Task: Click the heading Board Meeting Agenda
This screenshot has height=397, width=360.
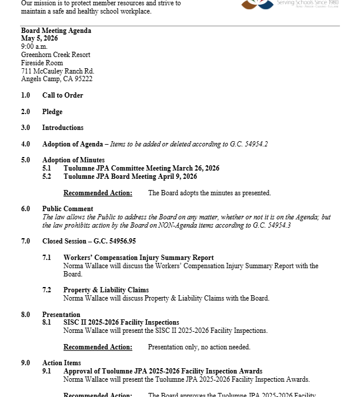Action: click(x=56, y=31)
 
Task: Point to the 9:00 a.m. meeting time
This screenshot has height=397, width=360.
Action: click(x=34, y=46)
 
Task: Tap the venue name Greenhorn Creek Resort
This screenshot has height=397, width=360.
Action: click(x=56, y=55)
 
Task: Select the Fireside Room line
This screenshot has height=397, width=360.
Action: click(x=42, y=63)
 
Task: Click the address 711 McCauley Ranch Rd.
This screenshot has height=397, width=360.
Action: click(x=58, y=71)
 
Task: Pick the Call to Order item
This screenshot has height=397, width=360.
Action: click(x=62, y=95)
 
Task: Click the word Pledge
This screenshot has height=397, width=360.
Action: click(x=52, y=112)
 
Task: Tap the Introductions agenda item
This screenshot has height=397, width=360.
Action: click(x=62, y=128)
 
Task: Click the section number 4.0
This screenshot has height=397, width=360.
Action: click(x=25, y=144)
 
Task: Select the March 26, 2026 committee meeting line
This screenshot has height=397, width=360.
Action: click(x=141, y=168)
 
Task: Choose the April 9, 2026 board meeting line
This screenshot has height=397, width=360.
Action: click(x=130, y=176)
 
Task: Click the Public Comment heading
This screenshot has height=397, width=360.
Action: click(x=68, y=209)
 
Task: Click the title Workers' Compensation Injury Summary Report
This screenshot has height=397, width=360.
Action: click(x=138, y=258)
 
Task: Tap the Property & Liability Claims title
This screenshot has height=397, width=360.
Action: click(x=106, y=290)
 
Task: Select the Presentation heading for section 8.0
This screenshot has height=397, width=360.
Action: click(x=61, y=315)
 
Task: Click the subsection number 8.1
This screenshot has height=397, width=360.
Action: click(x=46, y=322)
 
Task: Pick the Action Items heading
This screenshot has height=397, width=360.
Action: click(x=61, y=363)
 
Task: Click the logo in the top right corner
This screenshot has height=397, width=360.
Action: click(x=258, y=4)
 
